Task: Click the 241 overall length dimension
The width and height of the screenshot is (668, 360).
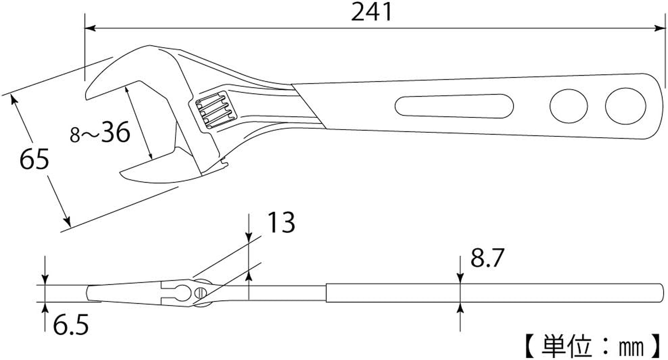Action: point(372,13)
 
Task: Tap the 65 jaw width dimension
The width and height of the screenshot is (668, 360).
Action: point(34,160)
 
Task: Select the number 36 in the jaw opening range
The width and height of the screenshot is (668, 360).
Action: point(115,132)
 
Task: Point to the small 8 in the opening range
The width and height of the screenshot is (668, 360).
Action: point(75,135)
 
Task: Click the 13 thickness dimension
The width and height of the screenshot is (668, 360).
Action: point(281,222)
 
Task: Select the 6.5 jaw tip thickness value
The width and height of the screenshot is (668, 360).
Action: point(71,325)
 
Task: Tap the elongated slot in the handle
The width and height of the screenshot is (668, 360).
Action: point(454,106)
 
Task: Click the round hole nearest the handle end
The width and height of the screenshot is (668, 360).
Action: point(625,106)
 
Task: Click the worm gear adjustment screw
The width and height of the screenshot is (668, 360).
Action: point(214,110)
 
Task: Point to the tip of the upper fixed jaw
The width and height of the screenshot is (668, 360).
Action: point(88,94)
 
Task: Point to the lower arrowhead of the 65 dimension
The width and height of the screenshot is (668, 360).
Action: point(67,221)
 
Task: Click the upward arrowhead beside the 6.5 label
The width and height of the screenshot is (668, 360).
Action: point(45,307)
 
